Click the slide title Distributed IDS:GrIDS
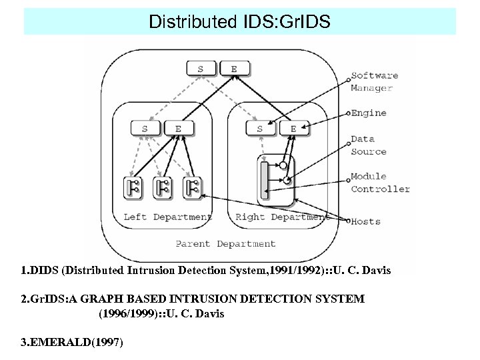[239, 22]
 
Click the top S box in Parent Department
[201, 68]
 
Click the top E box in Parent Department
[233, 68]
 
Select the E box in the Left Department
[177, 128]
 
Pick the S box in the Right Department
[260, 128]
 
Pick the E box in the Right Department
[293, 128]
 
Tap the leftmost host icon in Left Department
[133, 187]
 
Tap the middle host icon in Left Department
[162, 187]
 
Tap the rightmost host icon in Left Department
[192, 187]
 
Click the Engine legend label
[369, 113]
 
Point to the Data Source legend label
[369, 145]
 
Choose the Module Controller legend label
[380, 183]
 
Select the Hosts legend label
[366, 221]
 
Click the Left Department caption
[167, 217]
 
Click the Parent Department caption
[225, 243]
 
